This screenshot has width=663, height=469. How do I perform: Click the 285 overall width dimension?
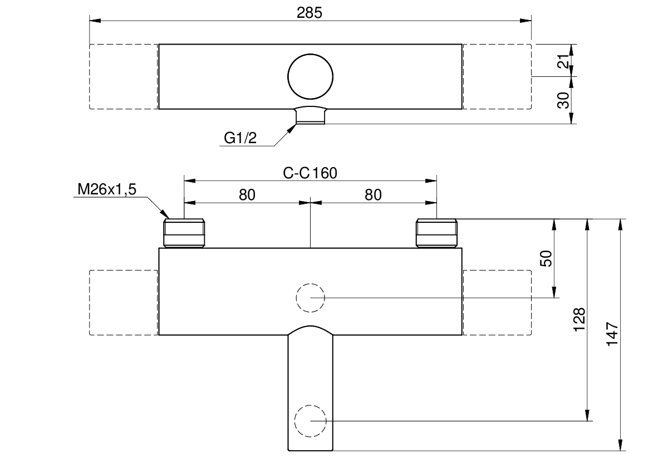click(x=309, y=13)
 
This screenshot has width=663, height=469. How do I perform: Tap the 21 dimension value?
click(x=563, y=62)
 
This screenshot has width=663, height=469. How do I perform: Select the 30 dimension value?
click(x=563, y=100)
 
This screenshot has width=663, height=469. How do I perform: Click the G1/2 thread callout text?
click(x=240, y=138)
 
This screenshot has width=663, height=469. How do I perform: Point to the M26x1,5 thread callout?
click(x=107, y=189)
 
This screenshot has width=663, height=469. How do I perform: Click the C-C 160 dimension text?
click(x=310, y=173)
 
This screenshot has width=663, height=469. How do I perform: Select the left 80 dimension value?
click(x=247, y=195)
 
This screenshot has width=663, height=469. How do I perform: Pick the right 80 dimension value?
click(x=373, y=195)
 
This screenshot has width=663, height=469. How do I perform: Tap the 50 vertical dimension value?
click(x=546, y=258)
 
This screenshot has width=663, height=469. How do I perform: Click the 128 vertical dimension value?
click(x=579, y=320)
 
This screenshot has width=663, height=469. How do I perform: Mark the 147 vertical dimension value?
click(x=612, y=334)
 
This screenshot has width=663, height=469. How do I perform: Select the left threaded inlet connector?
click(x=184, y=233)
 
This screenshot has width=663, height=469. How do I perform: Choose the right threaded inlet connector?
click(x=437, y=233)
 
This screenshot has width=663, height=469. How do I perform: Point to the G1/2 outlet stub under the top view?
click(x=311, y=115)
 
